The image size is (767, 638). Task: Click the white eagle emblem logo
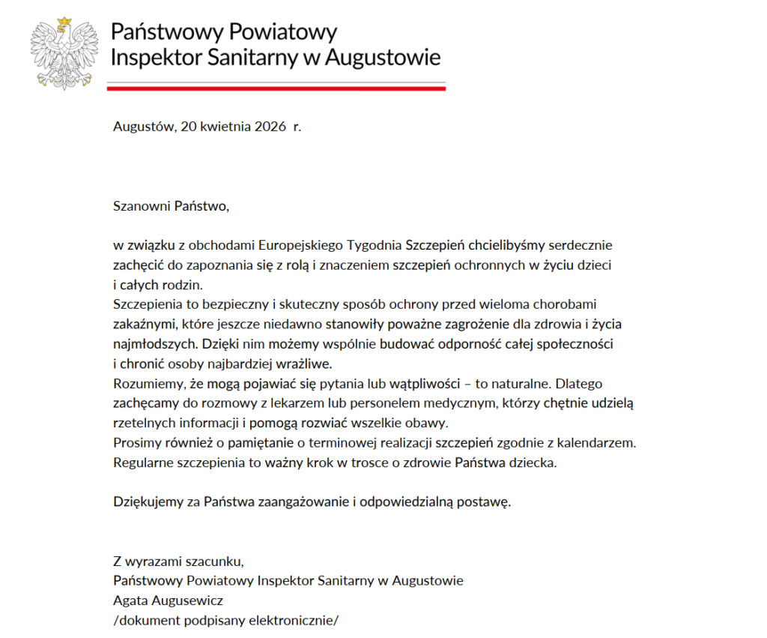64,53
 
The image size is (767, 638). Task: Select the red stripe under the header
276,88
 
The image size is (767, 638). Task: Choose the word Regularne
143,462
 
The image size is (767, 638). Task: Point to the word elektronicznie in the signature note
291,620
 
